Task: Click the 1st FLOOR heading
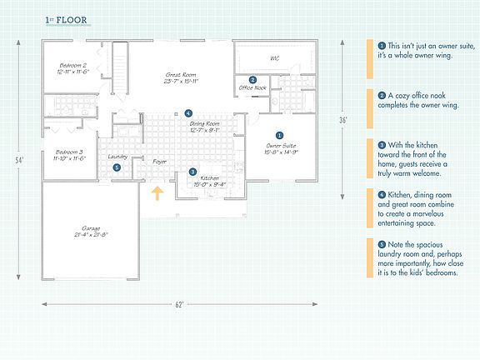(65, 19)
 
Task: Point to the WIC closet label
(274, 57)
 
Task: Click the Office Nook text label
(252, 87)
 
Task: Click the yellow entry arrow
(156, 196)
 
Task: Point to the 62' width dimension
(177, 305)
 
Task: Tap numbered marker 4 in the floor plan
(188, 112)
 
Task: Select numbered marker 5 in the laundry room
(117, 167)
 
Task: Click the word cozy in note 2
(399, 97)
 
